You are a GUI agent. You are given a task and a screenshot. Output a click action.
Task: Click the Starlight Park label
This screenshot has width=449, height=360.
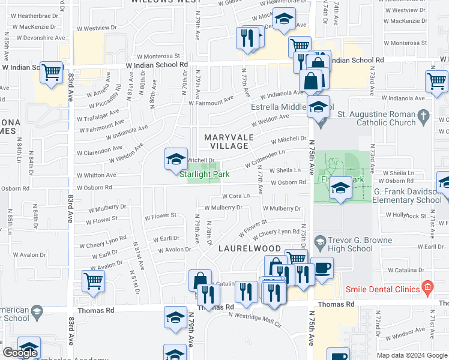click(x=204, y=174)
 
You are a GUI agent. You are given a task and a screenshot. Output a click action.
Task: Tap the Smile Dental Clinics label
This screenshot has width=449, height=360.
click(x=382, y=289)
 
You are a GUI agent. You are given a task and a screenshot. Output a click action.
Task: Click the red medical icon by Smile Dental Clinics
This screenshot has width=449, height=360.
click(x=427, y=289)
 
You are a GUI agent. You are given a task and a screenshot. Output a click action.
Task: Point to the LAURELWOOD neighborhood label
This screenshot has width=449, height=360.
click(x=250, y=248)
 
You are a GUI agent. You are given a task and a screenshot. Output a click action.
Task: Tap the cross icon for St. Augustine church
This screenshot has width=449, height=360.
click(x=424, y=115)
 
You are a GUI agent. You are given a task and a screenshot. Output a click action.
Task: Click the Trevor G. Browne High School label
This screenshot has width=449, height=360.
click(x=351, y=244)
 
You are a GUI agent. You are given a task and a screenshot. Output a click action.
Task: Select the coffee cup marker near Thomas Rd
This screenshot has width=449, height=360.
click(x=322, y=268)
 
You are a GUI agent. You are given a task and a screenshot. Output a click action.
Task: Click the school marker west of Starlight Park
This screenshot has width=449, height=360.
click(x=176, y=159)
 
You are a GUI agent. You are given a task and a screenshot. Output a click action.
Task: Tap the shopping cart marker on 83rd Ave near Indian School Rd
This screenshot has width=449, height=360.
click(x=52, y=73)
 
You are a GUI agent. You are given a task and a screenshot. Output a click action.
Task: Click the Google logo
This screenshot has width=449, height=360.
click(x=20, y=353)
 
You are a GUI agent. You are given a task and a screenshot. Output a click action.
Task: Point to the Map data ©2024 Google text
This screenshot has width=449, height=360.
click(x=411, y=355)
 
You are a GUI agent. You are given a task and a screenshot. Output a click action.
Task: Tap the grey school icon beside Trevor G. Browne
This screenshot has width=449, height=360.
click(x=320, y=242)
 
